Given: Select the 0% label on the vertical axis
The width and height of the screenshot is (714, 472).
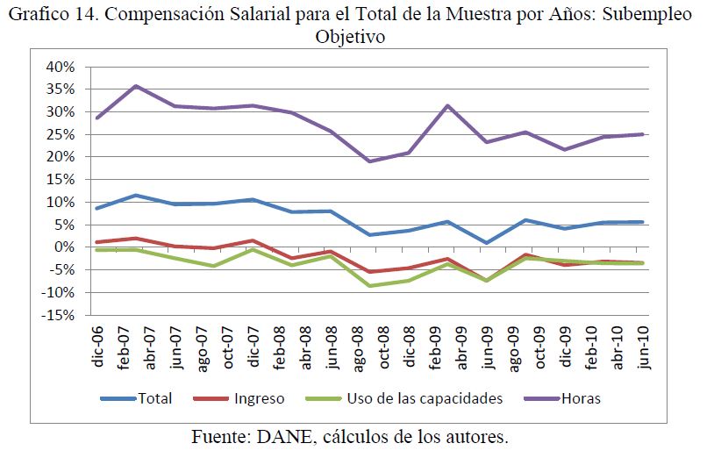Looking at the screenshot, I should click(x=71, y=247).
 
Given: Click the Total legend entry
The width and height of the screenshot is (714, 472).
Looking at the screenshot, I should click(x=154, y=398).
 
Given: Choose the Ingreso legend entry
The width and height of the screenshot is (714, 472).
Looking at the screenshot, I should click(x=259, y=398).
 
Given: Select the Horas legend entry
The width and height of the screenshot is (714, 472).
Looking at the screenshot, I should click(x=582, y=398).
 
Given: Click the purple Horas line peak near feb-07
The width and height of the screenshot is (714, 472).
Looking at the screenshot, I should click(x=135, y=86).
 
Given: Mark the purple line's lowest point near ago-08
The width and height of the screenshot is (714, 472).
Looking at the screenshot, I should click(x=369, y=161).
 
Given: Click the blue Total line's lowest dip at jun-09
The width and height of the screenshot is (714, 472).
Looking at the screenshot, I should click(x=486, y=242).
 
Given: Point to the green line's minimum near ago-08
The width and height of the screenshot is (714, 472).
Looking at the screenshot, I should click(x=369, y=286).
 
